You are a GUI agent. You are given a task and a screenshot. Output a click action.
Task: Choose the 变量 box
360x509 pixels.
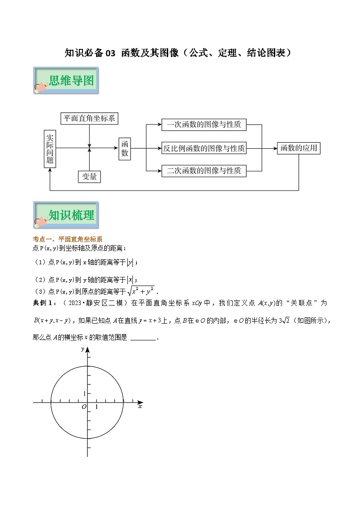(x=90, y=176)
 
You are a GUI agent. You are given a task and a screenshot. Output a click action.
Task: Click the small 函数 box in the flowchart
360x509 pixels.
(x=125, y=148)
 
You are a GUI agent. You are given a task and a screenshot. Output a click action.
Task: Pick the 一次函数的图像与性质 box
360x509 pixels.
(x=204, y=125)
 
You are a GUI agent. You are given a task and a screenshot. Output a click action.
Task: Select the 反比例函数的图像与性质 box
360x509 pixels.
(x=204, y=148)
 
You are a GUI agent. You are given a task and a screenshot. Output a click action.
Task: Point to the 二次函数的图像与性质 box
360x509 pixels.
(x=204, y=171)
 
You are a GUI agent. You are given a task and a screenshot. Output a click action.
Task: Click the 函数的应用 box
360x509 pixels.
(x=298, y=148)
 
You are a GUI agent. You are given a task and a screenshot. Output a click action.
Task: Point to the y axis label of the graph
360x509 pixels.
(x=83, y=349)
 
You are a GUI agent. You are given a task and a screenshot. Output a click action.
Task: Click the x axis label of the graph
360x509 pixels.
(x=140, y=407)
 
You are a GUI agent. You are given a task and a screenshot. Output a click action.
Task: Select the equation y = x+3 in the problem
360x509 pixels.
(x=144, y=320)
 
